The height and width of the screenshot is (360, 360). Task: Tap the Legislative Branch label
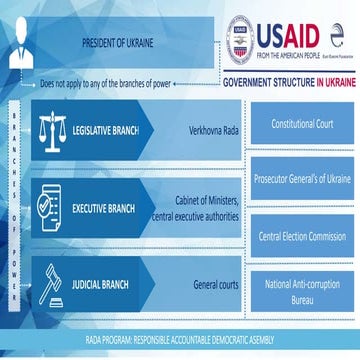click(107, 131)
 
